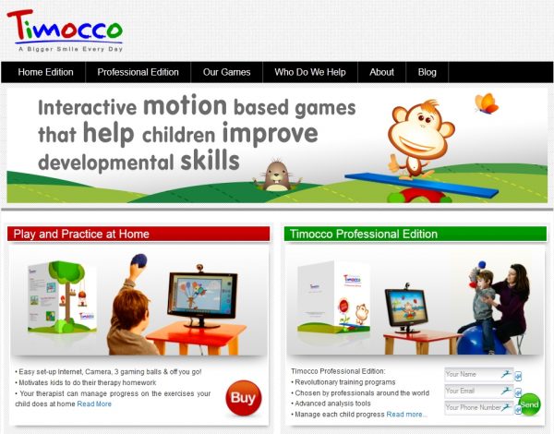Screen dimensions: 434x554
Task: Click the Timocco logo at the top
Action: (64, 27)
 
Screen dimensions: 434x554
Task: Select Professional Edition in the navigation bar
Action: (138, 72)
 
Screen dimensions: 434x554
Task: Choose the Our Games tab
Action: (226, 72)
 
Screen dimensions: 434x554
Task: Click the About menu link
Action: (381, 72)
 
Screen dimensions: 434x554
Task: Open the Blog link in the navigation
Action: (427, 72)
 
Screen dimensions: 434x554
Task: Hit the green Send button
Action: (529, 404)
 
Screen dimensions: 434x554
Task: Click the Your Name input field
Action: (472, 375)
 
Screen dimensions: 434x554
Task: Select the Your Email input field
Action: (472, 391)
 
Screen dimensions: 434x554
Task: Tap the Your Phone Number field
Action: (472, 407)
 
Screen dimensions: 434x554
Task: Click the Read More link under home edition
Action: (94, 404)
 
